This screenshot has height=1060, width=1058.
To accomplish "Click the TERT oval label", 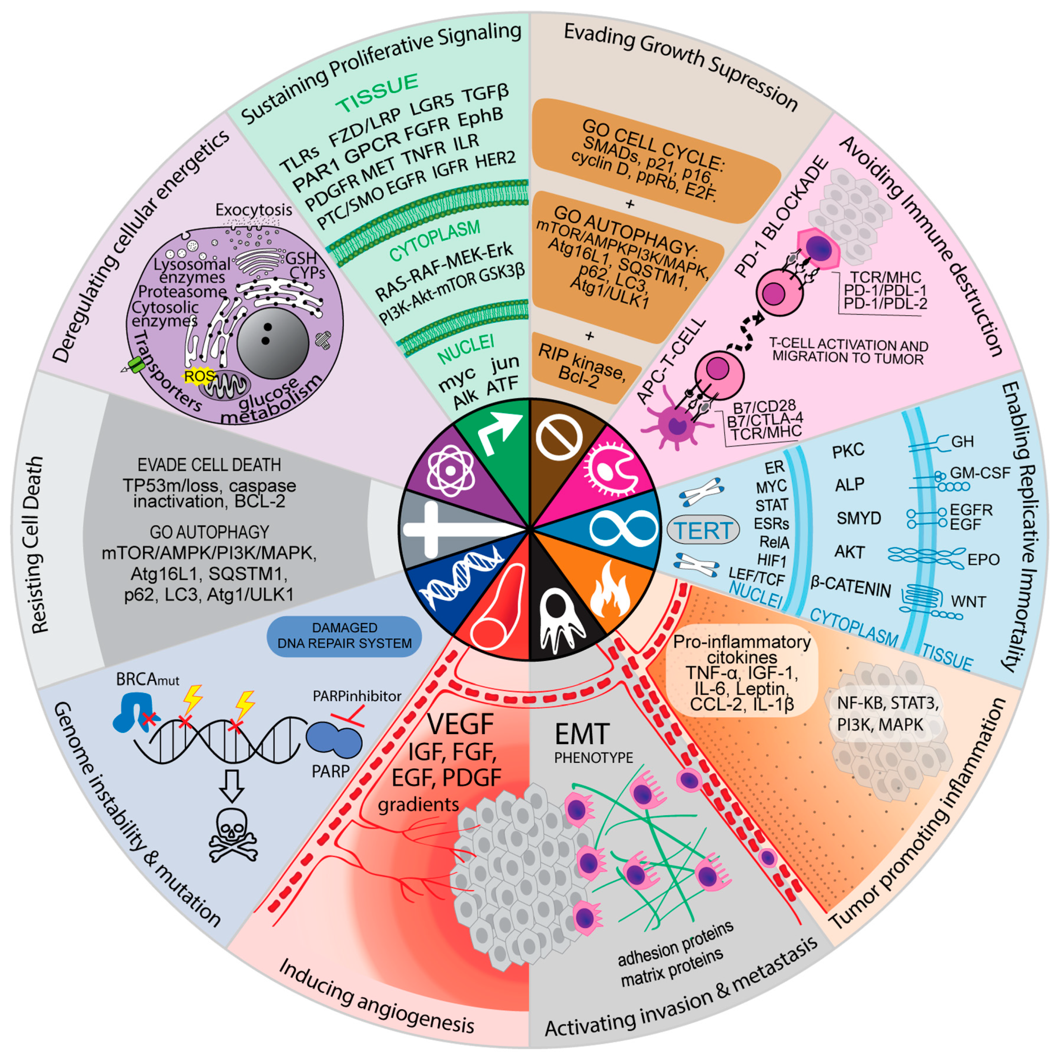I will click(703, 530).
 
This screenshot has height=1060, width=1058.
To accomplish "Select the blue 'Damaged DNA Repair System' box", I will click(344, 636).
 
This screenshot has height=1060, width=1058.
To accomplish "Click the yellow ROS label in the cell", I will click(199, 377).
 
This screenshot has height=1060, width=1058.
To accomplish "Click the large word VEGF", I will click(460, 724).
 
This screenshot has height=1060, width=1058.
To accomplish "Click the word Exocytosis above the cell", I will click(253, 210).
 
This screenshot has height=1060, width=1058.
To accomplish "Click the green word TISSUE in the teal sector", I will click(377, 93).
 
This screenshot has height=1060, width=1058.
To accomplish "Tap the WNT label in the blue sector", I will click(968, 601).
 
